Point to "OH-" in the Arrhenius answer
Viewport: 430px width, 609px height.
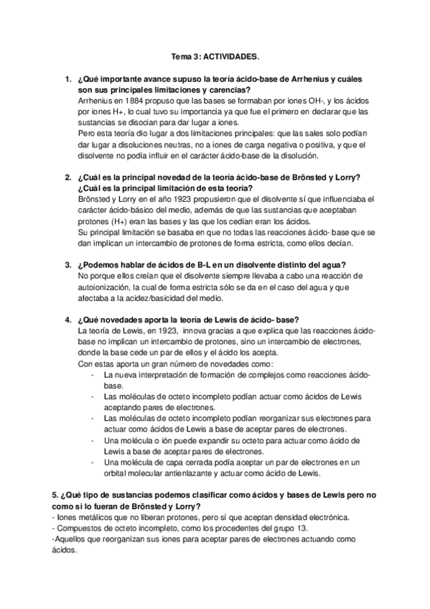click(314, 101)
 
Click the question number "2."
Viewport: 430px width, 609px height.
click(67, 177)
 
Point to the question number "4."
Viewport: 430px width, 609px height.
click(67, 320)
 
